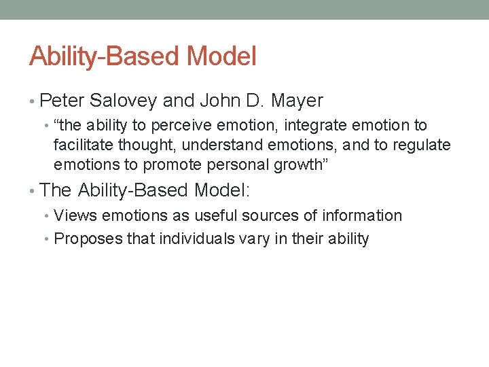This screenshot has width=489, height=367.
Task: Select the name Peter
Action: [x=62, y=101]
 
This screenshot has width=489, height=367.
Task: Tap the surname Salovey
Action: [x=125, y=101]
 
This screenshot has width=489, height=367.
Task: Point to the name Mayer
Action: [x=297, y=101]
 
